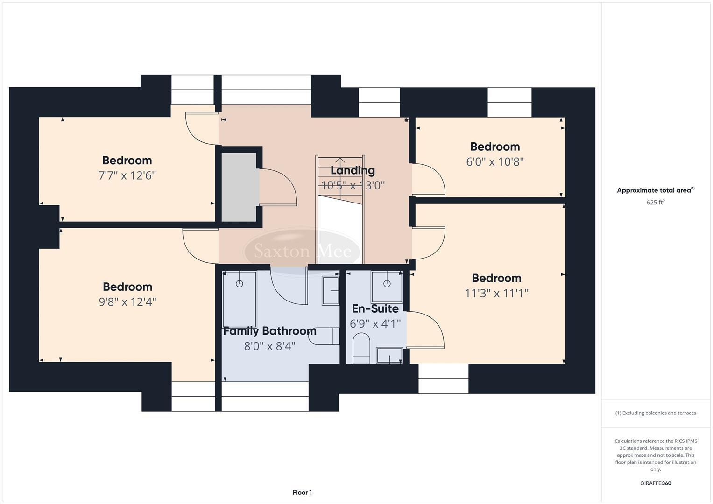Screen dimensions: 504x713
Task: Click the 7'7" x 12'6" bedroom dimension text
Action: point(127,176)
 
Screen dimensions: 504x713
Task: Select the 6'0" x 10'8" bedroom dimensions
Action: point(495,162)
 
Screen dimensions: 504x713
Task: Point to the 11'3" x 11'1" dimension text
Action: point(496,294)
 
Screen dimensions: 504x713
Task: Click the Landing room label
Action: point(353,171)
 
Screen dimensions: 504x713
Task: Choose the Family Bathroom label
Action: point(269,331)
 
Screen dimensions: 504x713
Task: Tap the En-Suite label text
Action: point(375,309)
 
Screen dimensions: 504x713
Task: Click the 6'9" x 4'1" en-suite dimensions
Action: point(375,324)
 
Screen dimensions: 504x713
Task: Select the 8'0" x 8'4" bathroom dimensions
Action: point(269,346)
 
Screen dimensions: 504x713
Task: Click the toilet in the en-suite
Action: point(361,347)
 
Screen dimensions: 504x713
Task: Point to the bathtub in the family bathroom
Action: point(240,299)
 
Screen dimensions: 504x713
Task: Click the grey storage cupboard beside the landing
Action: point(239,187)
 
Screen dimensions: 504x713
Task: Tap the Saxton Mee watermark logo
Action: point(303,251)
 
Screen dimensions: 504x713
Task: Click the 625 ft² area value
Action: point(655,203)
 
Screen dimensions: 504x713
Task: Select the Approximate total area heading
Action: point(655,190)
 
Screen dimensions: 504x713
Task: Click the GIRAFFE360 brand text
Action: point(655,483)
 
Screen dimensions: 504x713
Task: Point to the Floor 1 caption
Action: point(302,492)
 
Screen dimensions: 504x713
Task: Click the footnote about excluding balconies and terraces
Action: point(655,413)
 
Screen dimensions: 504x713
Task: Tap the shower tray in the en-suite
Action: point(387,287)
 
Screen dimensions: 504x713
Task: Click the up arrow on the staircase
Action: point(340,162)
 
